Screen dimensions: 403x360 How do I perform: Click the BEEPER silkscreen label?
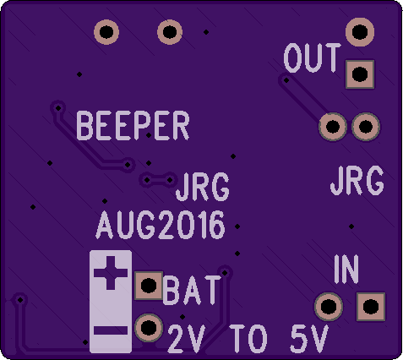(133, 126)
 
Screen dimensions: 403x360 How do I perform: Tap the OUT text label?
(313, 58)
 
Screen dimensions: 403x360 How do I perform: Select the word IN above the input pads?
(346, 269)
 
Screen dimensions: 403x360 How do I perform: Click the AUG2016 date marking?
(161, 225)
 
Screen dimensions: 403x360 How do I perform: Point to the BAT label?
(192, 290)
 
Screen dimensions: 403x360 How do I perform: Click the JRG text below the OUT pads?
(357, 181)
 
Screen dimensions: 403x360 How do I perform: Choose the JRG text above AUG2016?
(203, 187)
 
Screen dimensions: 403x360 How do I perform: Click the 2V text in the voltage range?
(186, 339)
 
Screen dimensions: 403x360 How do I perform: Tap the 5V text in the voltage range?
(309, 339)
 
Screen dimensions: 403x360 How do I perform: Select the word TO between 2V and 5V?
(248, 339)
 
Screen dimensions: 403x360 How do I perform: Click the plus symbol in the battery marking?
(111, 273)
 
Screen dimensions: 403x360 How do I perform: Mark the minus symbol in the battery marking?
(111, 330)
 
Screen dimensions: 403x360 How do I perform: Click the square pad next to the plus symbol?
(149, 286)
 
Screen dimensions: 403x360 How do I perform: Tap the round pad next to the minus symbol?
(149, 328)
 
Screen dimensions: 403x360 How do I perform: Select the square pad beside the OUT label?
(360, 74)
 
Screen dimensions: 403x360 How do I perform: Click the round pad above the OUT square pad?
(360, 32)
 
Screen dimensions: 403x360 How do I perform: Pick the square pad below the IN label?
(371, 307)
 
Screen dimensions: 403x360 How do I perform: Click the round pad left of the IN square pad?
(329, 307)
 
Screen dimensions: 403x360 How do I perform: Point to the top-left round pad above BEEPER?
(106, 32)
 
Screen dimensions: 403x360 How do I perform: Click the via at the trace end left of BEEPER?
(58, 107)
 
